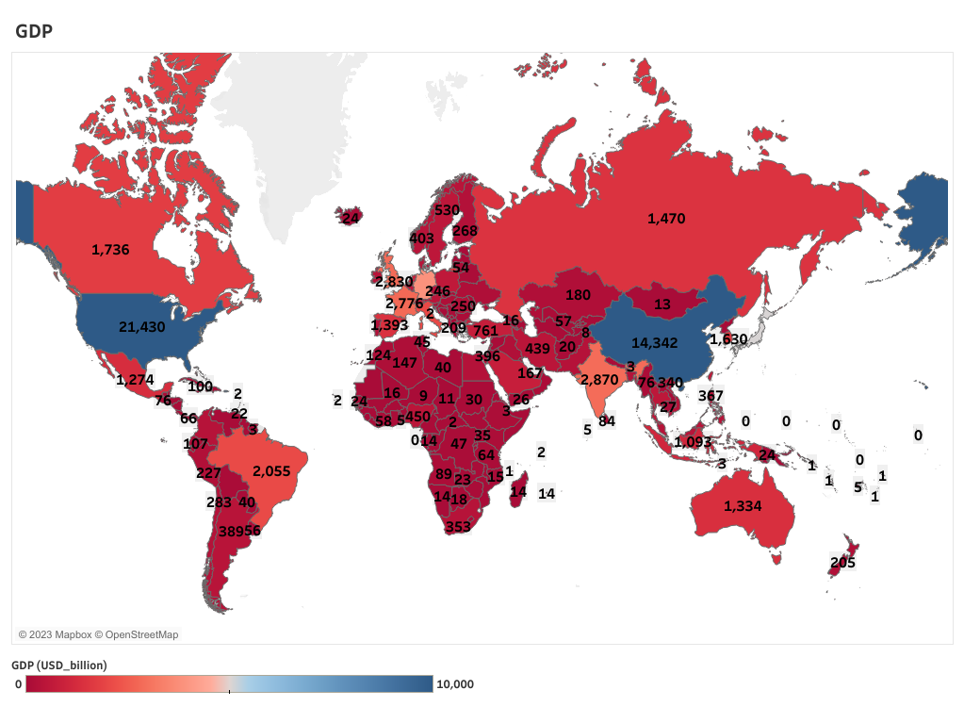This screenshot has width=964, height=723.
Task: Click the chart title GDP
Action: coord(34,31)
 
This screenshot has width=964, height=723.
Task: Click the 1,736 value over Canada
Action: coord(110,250)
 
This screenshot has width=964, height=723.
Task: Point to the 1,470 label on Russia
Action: coord(666,219)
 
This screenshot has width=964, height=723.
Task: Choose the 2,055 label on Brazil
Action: coord(277,471)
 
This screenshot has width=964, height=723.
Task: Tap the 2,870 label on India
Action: coord(598,379)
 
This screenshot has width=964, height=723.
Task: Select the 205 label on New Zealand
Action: coord(842,563)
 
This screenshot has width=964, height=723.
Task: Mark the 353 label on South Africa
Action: coord(457,527)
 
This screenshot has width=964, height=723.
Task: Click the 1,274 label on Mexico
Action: coord(134,380)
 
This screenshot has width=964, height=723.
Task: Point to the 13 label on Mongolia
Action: coord(662,304)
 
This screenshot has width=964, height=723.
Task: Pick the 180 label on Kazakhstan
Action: coord(578,295)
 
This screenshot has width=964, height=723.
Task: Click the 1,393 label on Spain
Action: coord(389,325)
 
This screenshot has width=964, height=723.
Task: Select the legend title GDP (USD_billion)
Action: coord(59,665)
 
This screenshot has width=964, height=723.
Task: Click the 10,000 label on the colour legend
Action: coord(455,684)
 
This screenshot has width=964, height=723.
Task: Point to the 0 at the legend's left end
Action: coord(18,684)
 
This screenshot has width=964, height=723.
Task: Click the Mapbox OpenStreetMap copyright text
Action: coord(98,634)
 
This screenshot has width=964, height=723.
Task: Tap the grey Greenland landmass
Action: coord(283,141)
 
